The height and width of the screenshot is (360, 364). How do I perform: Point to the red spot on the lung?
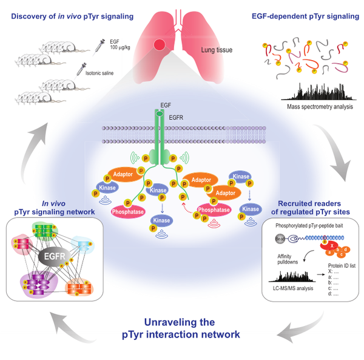click(x=160, y=45)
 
